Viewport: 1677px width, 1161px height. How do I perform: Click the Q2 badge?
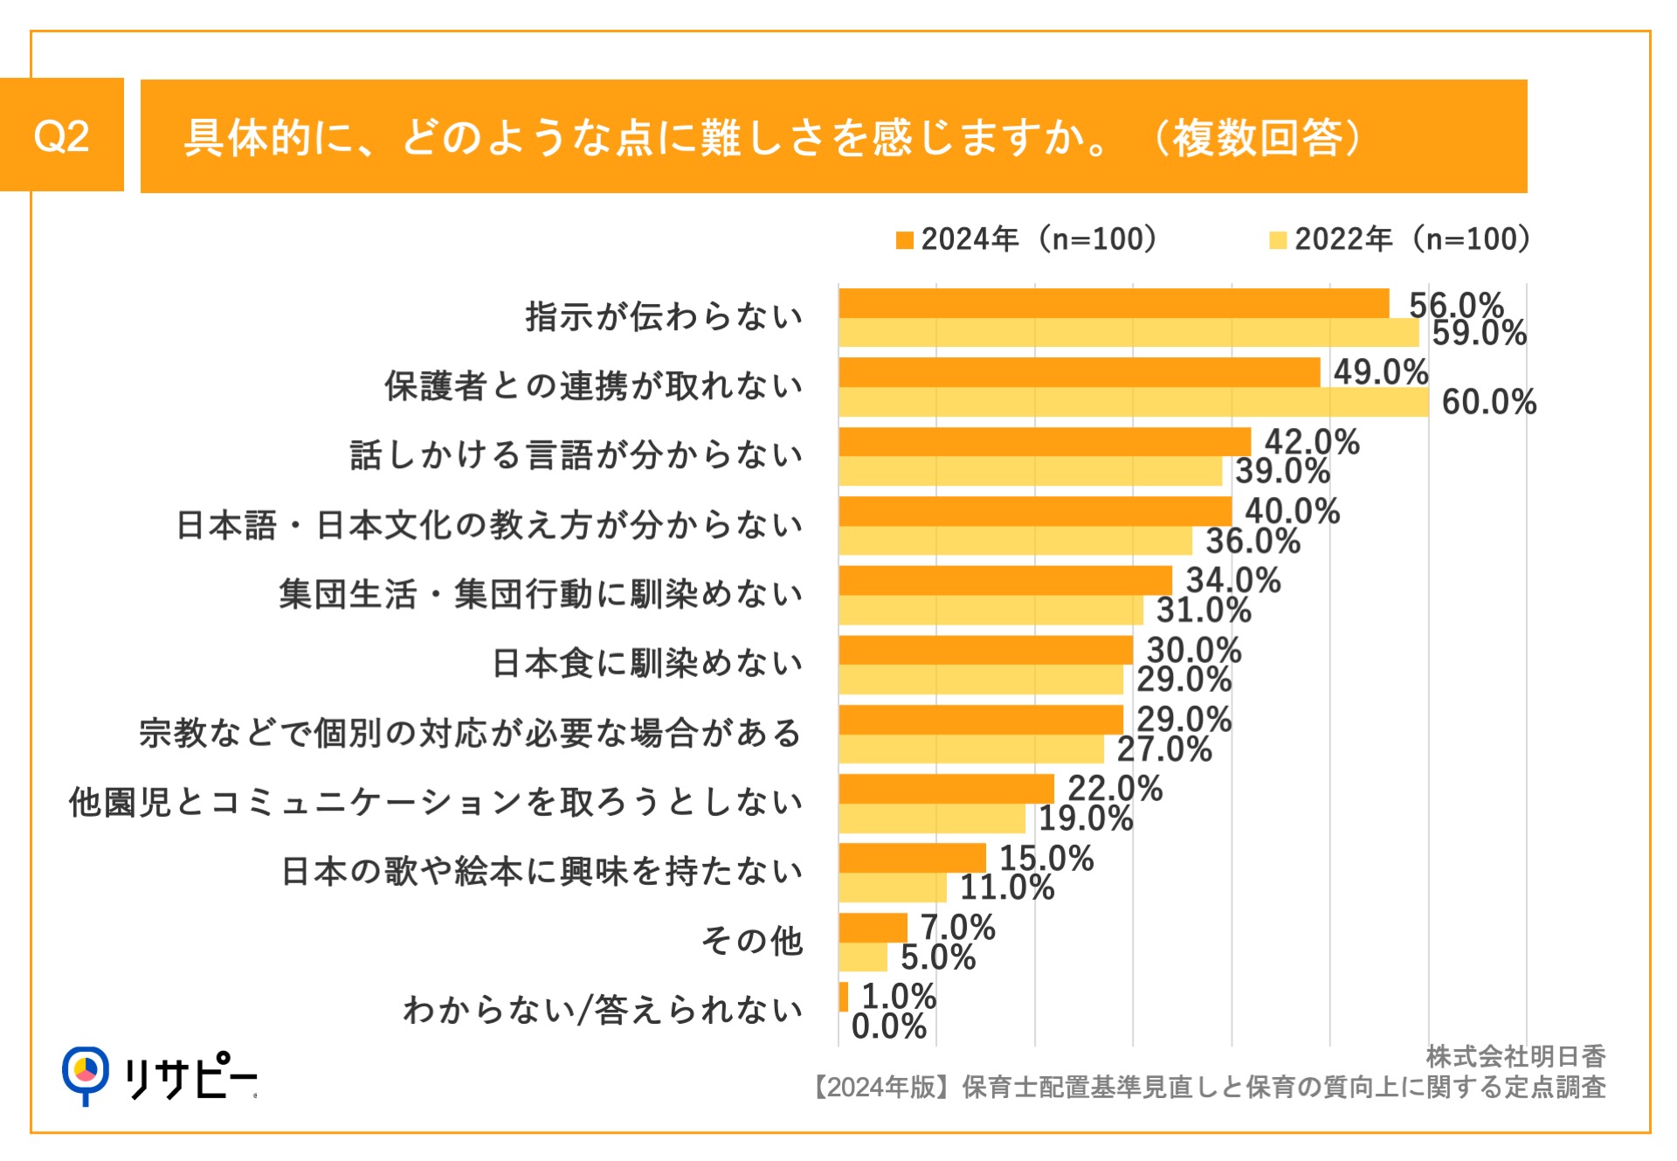point(61,135)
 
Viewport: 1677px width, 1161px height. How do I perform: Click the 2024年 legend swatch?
point(904,240)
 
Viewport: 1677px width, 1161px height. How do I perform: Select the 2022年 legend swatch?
point(1278,240)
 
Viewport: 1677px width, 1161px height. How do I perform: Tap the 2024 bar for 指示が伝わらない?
point(1114,303)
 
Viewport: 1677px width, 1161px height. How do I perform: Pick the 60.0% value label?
point(1488,403)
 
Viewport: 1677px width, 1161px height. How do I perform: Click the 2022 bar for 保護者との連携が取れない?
point(1134,403)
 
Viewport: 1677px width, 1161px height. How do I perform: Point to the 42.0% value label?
point(1312,442)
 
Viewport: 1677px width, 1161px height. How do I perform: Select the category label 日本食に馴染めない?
point(647,663)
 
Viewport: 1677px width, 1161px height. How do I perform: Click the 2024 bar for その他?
point(873,928)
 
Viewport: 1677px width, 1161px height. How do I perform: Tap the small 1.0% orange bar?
point(843,997)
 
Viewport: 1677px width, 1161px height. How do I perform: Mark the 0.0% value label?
point(888,1026)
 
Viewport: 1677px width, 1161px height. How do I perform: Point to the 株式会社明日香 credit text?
point(1515,1057)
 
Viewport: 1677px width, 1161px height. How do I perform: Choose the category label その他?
point(752,941)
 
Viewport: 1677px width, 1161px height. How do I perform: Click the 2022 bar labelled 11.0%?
point(892,888)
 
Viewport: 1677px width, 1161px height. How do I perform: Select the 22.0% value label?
point(1115,789)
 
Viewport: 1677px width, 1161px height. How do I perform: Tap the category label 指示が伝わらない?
point(664,316)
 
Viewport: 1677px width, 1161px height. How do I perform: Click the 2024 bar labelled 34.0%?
point(1005,580)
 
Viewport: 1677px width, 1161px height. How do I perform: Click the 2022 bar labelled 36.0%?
point(1015,541)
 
